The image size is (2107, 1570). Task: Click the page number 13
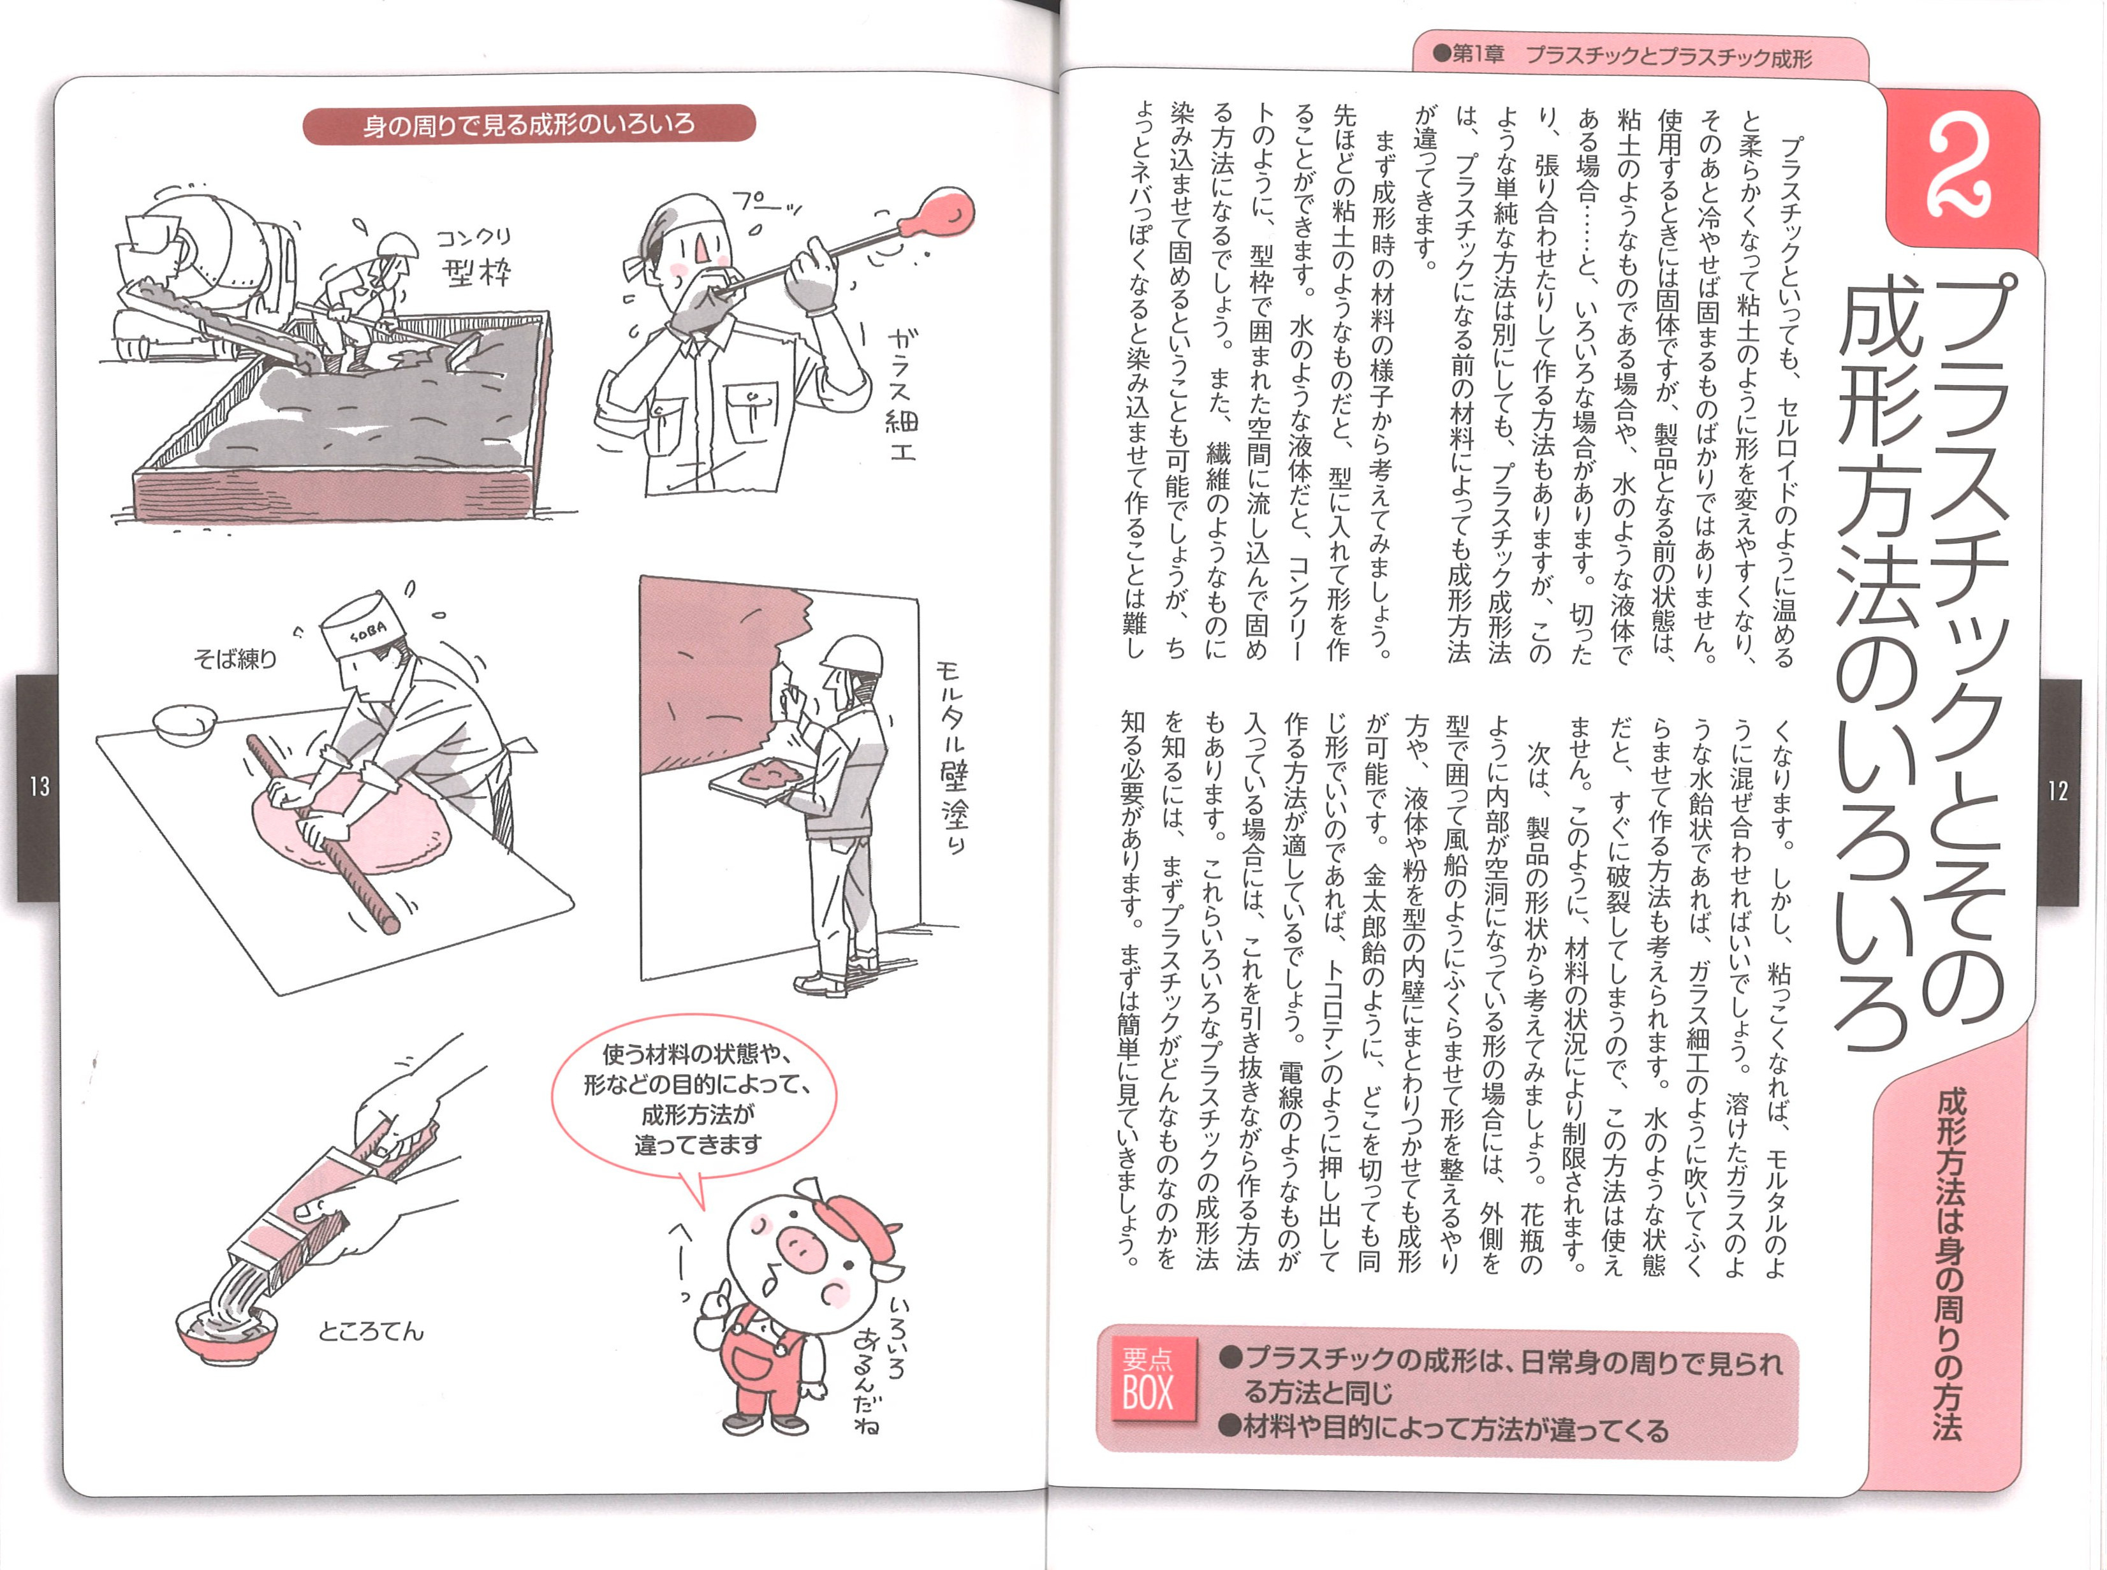[39, 787]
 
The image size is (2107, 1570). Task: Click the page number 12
[2057, 790]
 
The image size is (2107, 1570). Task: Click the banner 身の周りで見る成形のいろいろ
[529, 124]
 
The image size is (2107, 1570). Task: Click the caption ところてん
[371, 1332]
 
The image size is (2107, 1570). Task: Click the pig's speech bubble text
[696, 1099]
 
